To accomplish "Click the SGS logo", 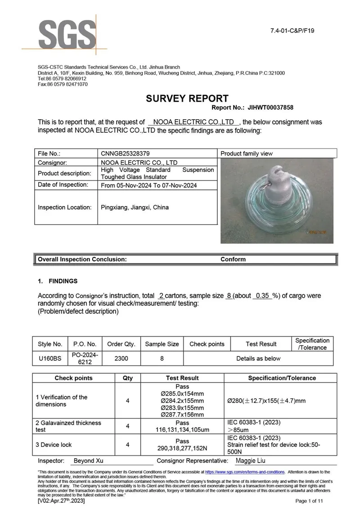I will click(x=67, y=34).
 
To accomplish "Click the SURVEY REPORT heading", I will click(x=187, y=99).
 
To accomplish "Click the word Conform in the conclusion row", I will click(x=233, y=259).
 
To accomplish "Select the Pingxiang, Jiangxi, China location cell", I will click(x=135, y=207).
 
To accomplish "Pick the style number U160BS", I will click(x=49, y=359).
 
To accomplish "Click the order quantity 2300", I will click(x=121, y=359).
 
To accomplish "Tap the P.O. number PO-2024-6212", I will click(x=84, y=359).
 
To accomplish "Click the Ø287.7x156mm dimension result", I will click(x=182, y=414).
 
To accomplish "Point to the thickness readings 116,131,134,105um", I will click(x=182, y=430).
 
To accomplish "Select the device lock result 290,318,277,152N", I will click(x=182, y=448).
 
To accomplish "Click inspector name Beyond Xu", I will click(x=88, y=461).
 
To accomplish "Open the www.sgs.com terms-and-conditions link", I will click(x=245, y=472).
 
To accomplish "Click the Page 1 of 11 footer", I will click(x=309, y=501).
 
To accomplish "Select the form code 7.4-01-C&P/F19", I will click(x=292, y=31).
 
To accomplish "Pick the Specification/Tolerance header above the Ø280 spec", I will click(x=282, y=378).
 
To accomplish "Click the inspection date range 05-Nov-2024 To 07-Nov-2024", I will click(x=149, y=185).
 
